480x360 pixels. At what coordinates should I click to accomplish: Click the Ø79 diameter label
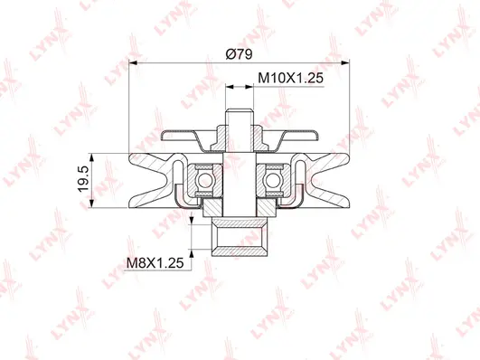239,53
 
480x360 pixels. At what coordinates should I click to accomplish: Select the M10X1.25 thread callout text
292,78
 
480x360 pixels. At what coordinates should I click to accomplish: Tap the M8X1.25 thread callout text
154,263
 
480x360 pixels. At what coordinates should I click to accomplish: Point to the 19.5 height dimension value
82,184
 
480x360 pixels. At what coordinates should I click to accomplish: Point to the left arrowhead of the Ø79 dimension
136,63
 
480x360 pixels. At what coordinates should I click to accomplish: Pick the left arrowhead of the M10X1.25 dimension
227,87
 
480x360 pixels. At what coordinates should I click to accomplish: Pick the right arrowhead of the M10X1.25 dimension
251,87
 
